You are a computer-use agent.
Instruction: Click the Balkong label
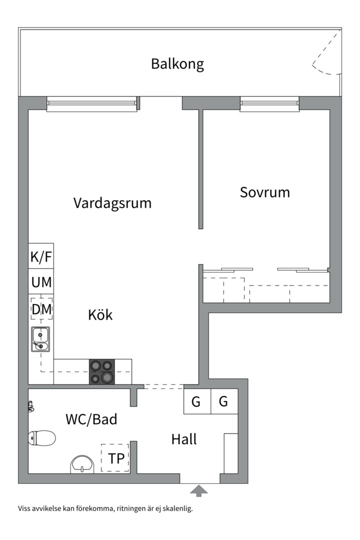(177, 64)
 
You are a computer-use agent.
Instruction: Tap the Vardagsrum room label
(112, 203)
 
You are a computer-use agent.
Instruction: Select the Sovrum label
(264, 192)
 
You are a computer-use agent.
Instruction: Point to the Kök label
(100, 315)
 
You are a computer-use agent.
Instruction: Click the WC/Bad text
(91, 419)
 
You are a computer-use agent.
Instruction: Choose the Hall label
(184, 439)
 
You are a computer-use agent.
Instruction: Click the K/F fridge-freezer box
(41, 257)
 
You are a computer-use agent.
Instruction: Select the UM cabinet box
(41, 282)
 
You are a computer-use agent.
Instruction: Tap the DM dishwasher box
(41, 309)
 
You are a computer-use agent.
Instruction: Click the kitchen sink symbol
(40, 338)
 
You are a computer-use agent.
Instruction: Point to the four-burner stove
(102, 372)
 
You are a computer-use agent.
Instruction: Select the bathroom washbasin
(81, 463)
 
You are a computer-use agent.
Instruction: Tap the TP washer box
(115, 458)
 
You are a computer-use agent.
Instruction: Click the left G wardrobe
(196, 401)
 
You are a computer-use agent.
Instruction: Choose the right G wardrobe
(223, 401)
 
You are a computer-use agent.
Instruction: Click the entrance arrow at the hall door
(199, 490)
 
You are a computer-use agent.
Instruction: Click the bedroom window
(269, 104)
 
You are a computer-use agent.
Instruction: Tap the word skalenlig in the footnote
(177, 509)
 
